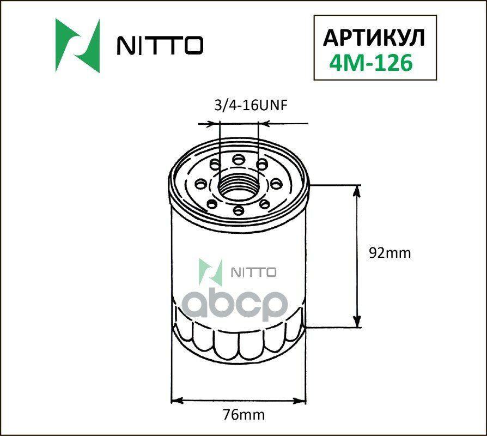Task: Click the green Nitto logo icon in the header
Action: (78, 46)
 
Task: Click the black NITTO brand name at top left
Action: (160, 46)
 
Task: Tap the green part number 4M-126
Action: (370, 64)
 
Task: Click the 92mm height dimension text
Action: (389, 253)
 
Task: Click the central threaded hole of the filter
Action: (239, 184)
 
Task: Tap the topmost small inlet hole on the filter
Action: (238, 159)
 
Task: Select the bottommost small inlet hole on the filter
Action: (238, 210)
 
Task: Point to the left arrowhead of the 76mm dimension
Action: (176, 402)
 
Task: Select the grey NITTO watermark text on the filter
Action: (254, 272)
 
